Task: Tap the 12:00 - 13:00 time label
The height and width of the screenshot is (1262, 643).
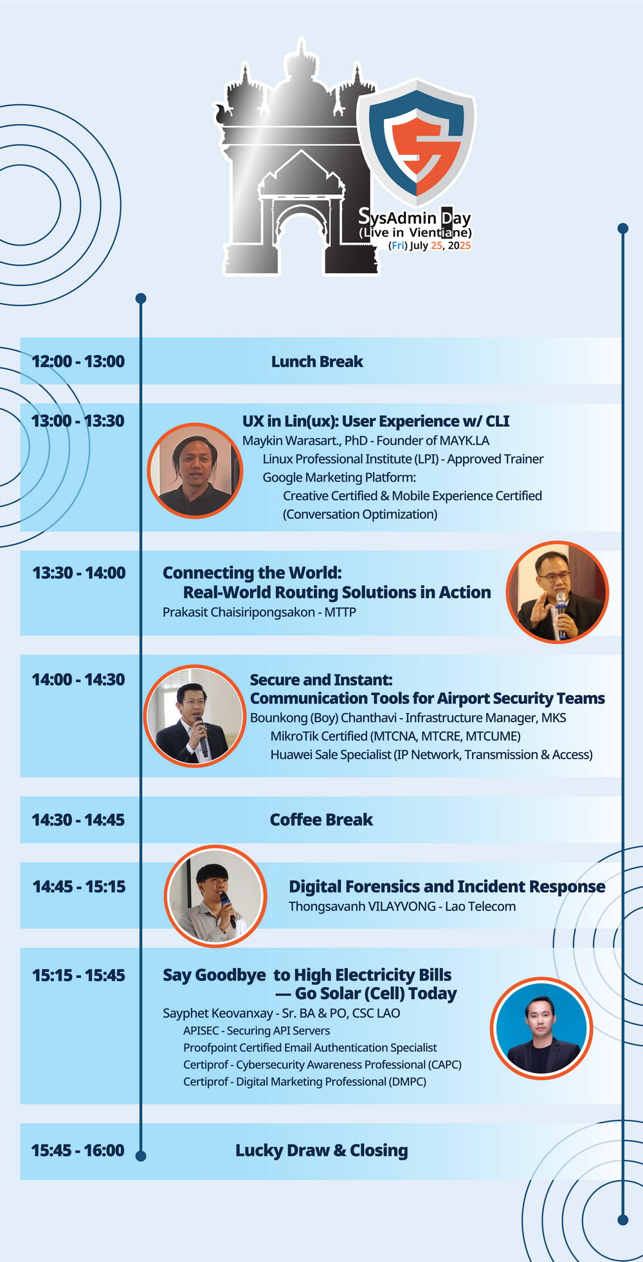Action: point(78,361)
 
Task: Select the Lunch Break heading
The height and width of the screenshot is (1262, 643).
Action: point(317,362)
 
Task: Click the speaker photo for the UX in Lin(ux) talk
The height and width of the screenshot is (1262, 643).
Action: point(195,471)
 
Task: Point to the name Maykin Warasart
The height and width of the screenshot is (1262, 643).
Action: point(290,441)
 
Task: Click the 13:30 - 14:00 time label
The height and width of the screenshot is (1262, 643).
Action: point(79,573)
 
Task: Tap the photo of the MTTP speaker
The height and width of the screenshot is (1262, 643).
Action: point(557,592)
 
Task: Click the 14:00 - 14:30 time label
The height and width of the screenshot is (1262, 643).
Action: point(78,680)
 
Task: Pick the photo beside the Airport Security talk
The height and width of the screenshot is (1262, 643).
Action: point(195,716)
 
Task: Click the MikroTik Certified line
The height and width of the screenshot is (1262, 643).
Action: point(395,736)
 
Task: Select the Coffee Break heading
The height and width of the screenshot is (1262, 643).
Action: point(321,820)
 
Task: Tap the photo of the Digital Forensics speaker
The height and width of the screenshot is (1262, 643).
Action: point(215,896)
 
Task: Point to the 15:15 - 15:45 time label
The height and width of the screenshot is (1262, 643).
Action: point(79,975)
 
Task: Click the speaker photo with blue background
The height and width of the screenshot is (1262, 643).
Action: point(541,1029)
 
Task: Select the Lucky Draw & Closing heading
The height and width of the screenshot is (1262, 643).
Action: point(321,1151)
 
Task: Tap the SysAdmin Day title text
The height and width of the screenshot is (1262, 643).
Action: point(415,217)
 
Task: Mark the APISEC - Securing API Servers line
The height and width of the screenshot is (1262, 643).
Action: point(257,1031)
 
